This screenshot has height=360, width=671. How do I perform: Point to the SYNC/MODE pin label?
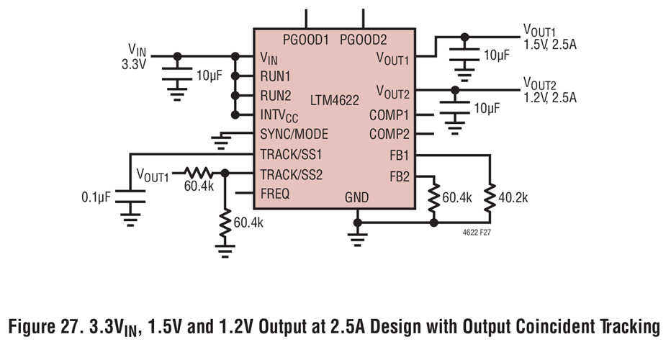tap(294, 135)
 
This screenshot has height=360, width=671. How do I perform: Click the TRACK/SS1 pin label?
tap(291, 154)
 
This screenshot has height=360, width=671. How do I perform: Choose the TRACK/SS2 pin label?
tap(291, 174)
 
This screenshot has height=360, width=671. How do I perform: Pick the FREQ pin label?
tap(276, 193)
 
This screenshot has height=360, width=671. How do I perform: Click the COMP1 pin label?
tap(389, 114)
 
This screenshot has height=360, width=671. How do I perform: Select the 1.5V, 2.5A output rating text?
tap(550, 44)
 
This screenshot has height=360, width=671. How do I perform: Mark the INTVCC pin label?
tap(279, 116)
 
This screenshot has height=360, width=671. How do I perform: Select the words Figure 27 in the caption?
tap(49, 327)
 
